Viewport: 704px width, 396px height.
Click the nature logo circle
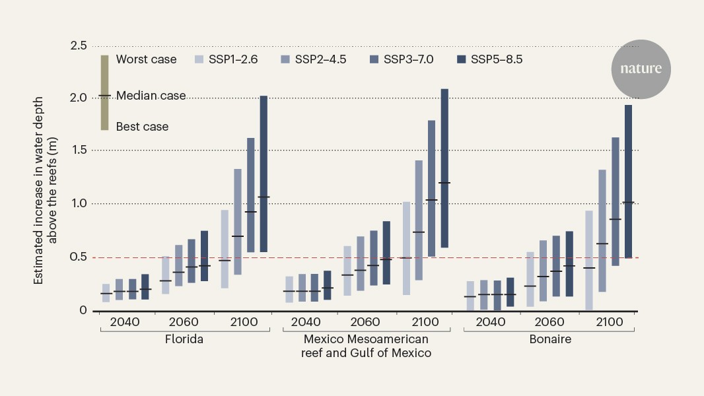point(641,69)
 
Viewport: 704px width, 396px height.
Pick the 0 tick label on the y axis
point(83,310)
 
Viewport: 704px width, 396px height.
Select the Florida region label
point(184,340)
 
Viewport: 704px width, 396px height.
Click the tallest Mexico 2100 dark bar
point(444,168)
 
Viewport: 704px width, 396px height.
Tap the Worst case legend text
point(146,59)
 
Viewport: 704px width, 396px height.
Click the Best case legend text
point(142,126)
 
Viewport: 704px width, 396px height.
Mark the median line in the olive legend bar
point(104,96)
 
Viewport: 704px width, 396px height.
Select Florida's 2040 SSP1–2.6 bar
point(106,293)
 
